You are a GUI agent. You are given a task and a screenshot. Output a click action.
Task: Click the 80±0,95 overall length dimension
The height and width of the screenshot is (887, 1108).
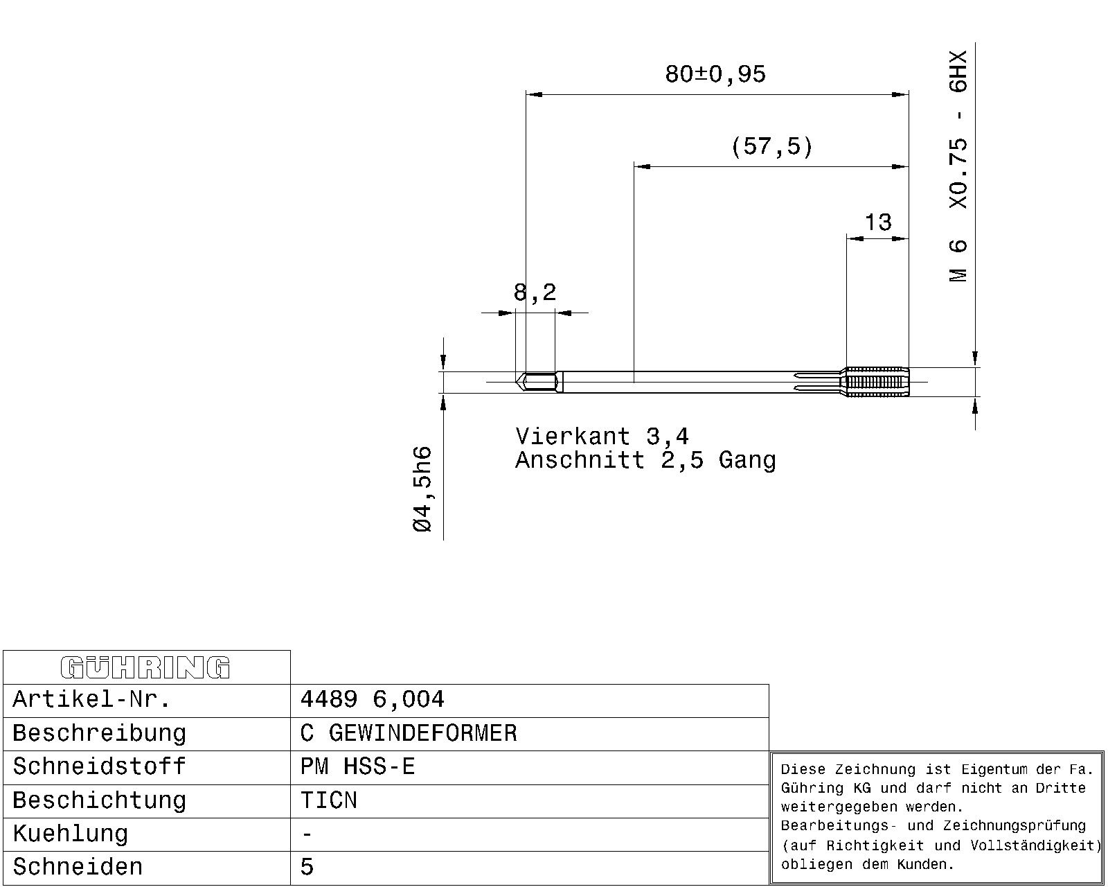(715, 74)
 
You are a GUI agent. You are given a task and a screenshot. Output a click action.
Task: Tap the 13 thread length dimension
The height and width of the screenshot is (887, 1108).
(878, 222)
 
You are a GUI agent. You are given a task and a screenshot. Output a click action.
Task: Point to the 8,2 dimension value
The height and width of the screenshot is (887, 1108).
(535, 292)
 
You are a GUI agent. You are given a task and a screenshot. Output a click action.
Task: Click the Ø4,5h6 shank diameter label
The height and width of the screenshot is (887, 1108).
(422, 489)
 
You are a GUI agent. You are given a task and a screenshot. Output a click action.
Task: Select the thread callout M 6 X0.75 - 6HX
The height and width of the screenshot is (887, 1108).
(958, 166)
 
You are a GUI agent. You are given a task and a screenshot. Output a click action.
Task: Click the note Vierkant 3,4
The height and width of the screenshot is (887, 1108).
(602, 437)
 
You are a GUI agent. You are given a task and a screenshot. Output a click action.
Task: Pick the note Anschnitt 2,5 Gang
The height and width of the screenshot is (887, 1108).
(645, 459)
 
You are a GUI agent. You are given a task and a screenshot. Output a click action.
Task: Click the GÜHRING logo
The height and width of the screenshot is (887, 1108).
(145, 667)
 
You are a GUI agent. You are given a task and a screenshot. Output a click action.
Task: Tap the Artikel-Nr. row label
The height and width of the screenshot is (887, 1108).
(91, 699)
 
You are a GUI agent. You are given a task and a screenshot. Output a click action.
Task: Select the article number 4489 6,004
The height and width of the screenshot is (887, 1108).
(372, 699)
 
